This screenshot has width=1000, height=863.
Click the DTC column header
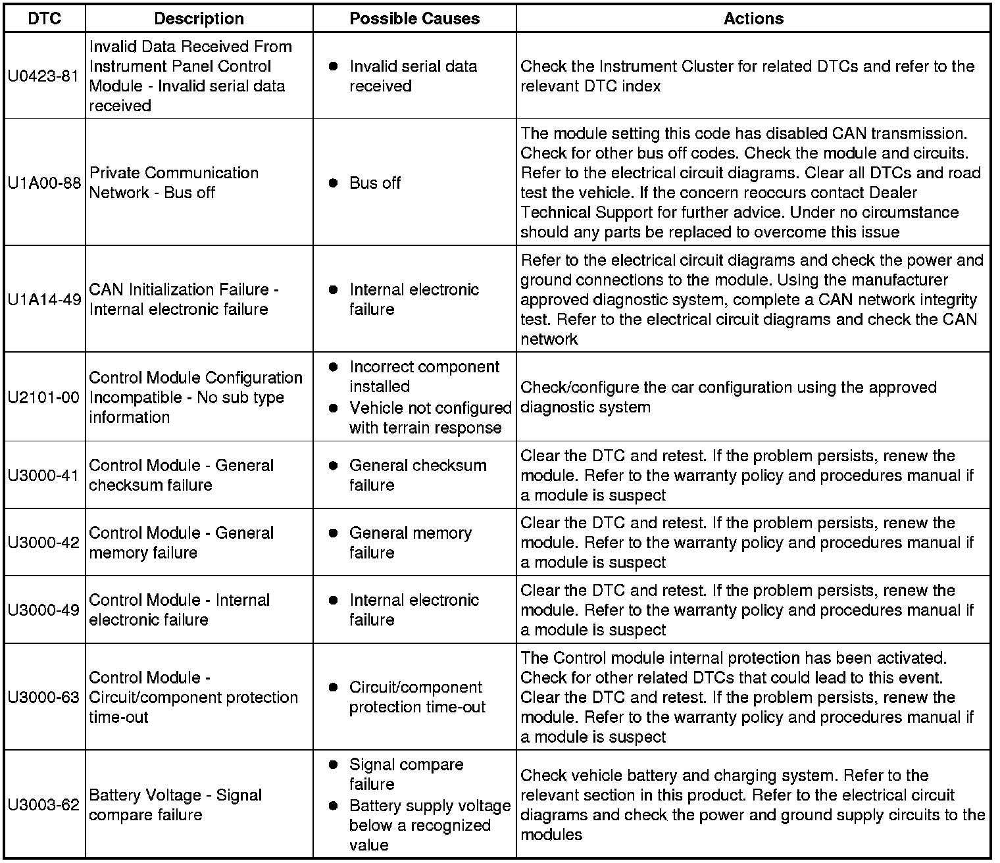click(44, 18)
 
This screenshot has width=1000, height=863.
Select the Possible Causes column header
click(414, 18)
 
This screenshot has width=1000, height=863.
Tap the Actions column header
click(753, 18)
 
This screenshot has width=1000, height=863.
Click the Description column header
click(199, 18)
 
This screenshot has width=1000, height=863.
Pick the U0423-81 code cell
click(44, 76)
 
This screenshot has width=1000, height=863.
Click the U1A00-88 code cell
click(44, 183)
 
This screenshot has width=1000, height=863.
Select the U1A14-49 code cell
click(44, 299)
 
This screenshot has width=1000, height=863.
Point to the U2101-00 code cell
click(44, 397)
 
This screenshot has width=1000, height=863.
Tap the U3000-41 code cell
click(44, 475)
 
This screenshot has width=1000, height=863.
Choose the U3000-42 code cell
click(44, 543)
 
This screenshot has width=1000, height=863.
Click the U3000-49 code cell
click(44, 610)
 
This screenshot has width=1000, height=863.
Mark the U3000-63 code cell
click(44, 697)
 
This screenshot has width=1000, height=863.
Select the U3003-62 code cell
click(44, 804)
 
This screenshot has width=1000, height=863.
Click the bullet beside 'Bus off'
click(334, 183)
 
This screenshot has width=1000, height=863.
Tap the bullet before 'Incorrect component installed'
click(334, 367)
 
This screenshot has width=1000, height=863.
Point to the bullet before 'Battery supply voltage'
click(334, 806)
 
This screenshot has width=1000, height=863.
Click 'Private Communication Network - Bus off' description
click(174, 183)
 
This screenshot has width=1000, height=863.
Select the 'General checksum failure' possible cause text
click(418, 475)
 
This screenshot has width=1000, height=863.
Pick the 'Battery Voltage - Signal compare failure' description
click(176, 805)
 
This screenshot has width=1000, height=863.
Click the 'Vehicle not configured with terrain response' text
click(430, 418)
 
